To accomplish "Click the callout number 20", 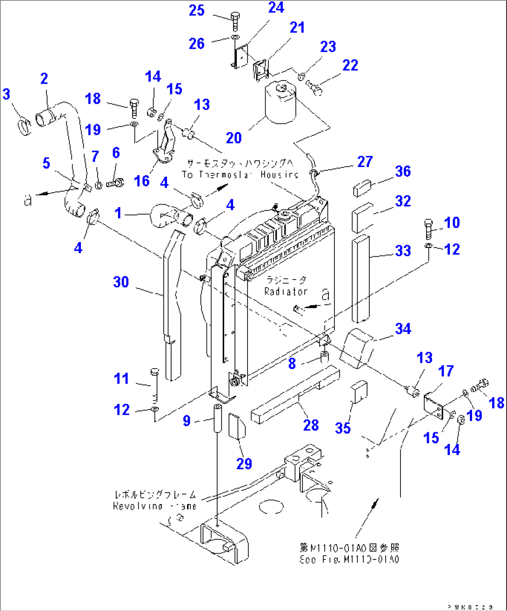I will [234, 138].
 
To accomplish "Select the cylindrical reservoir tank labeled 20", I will [280, 103].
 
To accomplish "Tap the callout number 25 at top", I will [197, 10].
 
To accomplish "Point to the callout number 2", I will [44, 79].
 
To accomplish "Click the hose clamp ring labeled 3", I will [25, 126].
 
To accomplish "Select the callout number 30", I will [121, 282].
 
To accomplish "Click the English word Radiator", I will [286, 292].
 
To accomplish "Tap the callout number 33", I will [403, 251].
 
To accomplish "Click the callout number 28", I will [311, 425].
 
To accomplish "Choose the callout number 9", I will [187, 421].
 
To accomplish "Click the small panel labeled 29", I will [237, 427].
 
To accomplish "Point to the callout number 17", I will [446, 371].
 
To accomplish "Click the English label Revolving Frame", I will [154, 506].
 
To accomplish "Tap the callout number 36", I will [403, 171].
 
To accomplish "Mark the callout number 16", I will [142, 181].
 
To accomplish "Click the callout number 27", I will [365, 161].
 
